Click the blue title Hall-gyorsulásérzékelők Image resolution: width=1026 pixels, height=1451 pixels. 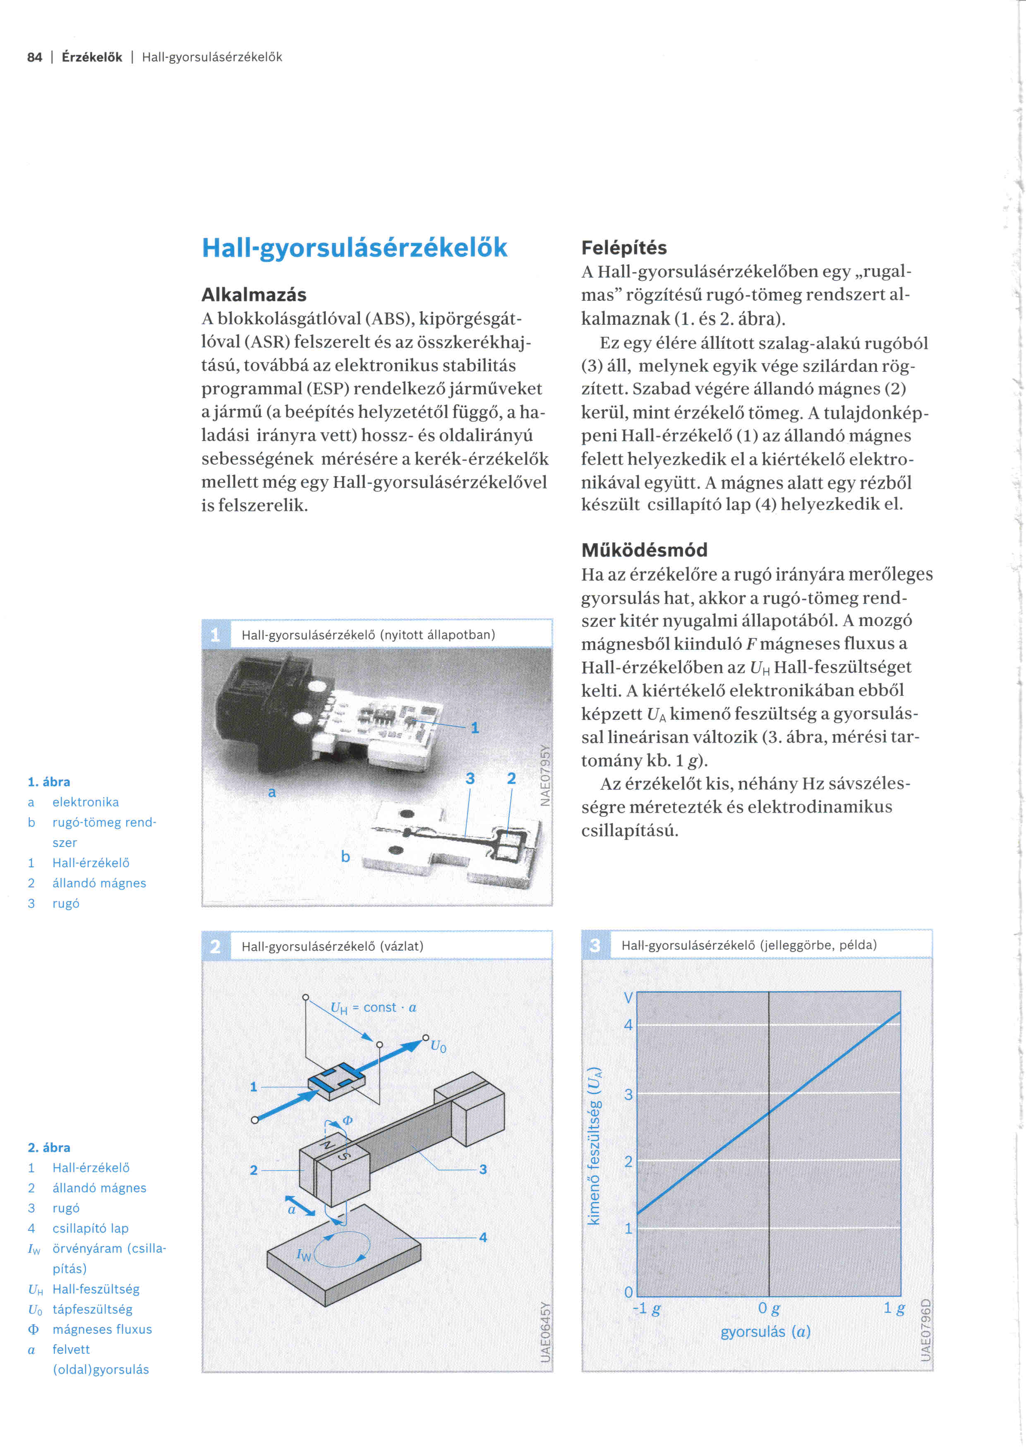point(355,248)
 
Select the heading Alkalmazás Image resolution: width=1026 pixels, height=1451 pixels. point(254,295)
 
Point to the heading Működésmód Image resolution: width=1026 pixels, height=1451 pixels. point(645,550)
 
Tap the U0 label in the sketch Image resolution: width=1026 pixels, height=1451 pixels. point(439,1046)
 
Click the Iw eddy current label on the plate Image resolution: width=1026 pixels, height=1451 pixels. point(304,1255)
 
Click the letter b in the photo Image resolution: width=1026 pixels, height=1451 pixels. point(345,856)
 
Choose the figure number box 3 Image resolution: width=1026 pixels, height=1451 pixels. point(595,945)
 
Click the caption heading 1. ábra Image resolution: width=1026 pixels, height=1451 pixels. point(49,782)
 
